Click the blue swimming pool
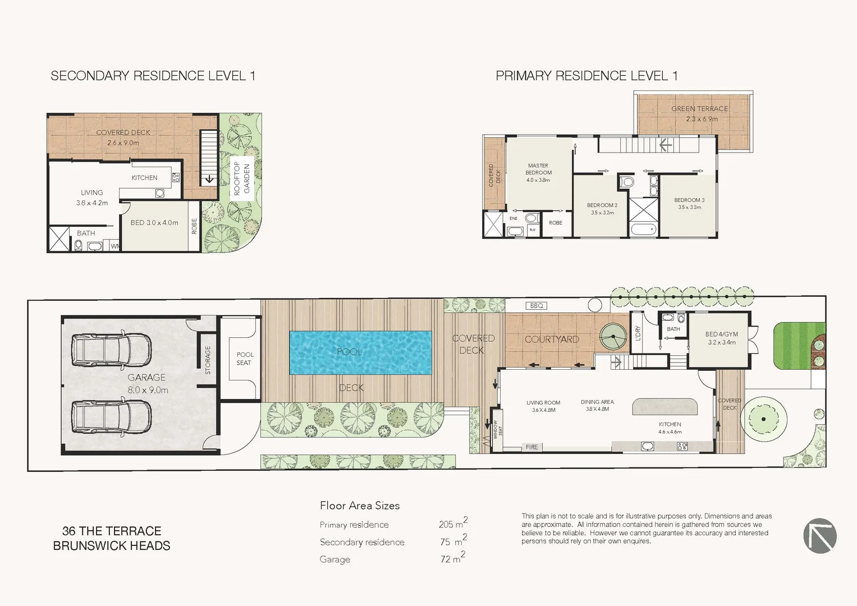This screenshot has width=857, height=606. tap(360, 352)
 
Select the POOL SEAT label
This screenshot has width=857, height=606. tap(245, 359)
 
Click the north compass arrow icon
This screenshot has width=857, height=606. tap(819, 536)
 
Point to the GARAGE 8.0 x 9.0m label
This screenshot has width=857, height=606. tap(147, 384)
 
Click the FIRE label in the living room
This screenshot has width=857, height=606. tap(531, 447)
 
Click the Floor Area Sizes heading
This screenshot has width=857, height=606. tap(360, 506)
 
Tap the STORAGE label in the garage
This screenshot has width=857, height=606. tap(208, 360)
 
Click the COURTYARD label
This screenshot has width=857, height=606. tap(551, 339)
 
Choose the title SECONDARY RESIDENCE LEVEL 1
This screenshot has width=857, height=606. tap(153, 76)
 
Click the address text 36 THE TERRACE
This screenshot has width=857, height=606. tap(112, 531)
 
